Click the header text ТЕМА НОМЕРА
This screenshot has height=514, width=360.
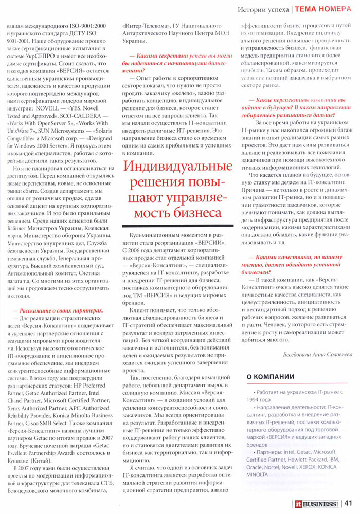(x=323, y=9)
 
